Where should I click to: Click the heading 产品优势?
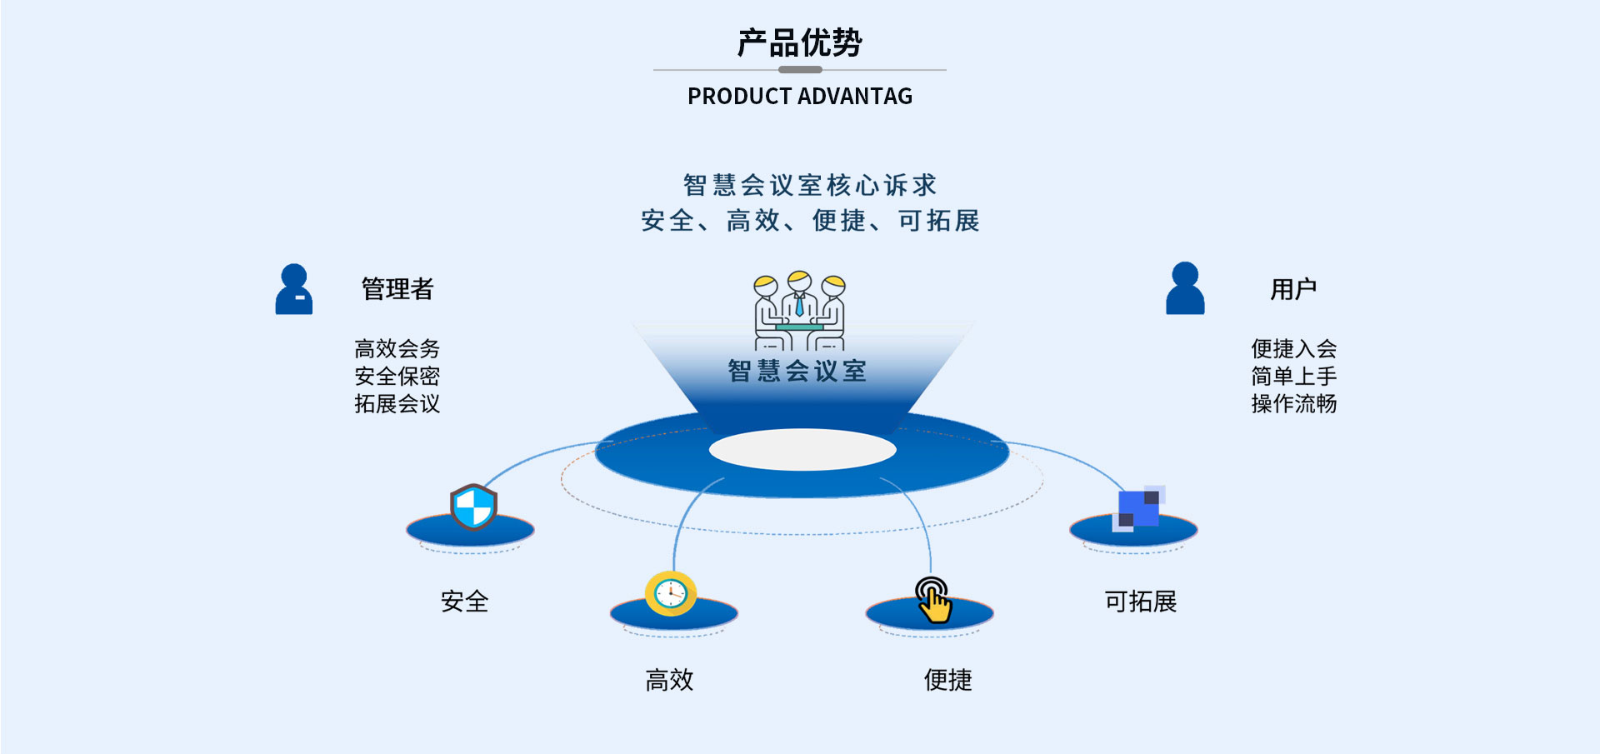pyautogui.click(x=800, y=42)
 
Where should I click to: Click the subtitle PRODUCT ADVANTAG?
pyautogui.click(x=800, y=97)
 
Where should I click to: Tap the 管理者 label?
pyautogui.click(x=397, y=289)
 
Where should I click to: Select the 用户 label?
pyautogui.click(x=1293, y=289)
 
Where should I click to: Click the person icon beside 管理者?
pyautogui.click(x=294, y=289)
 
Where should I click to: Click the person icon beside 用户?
pyautogui.click(x=1185, y=288)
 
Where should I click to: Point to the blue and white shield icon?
pyautogui.click(x=473, y=507)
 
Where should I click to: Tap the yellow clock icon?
pyautogui.click(x=671, y=593)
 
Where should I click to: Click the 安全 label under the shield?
pyautogui.click(x=465, y=602)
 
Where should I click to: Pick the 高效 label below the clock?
pyautogui.click(x=670, y=680)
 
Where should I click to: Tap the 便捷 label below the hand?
pyautogui.click(x=948, y=680)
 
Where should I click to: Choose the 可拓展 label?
pyautogui.click(x=1141, y=602)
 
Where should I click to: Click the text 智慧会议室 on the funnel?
pyautogui.click(x=797, y=371)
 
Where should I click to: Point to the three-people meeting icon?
pyautogui.click(x=800, y=310)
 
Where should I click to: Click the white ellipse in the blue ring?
pyautogui.click(x=802, y=450)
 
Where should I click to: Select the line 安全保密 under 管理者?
pyautogui.click(x=397, y=376)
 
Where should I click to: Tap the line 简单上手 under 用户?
pyautogui.click(x=1294, y=376)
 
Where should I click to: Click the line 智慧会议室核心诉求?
pyautogui.click(x=810, y=185)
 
